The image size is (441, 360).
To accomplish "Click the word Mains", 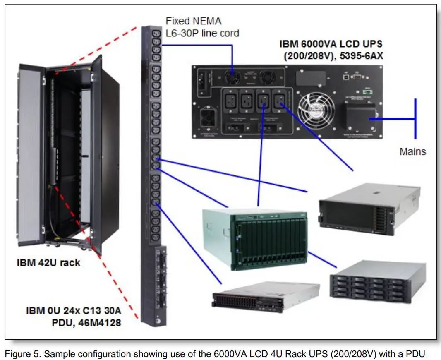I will point(412,151).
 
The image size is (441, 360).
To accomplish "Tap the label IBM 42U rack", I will point(48,263).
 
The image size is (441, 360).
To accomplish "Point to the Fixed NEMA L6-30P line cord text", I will point(202,26).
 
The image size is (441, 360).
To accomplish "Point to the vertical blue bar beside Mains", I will point(415,119).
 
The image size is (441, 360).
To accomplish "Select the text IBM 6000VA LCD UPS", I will point(331,43).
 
